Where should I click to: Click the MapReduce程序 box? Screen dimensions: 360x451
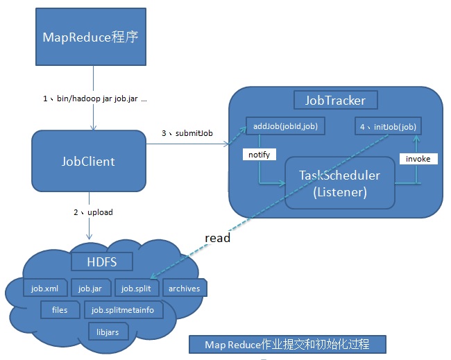(90, 37)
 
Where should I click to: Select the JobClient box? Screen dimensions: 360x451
(89, 162)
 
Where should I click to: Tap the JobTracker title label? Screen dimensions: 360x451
(335, 100)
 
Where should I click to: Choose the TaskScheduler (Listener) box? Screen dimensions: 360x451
(340, 183)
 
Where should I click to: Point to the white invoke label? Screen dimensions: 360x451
(418, 159)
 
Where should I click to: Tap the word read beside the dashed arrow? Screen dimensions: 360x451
(217, 238)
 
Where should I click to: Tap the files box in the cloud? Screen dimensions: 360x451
(60, 309)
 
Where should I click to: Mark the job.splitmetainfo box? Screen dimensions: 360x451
(124, 309)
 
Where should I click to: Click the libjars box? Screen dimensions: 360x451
(108, 332)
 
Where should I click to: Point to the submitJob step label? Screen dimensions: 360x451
(187, 133)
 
